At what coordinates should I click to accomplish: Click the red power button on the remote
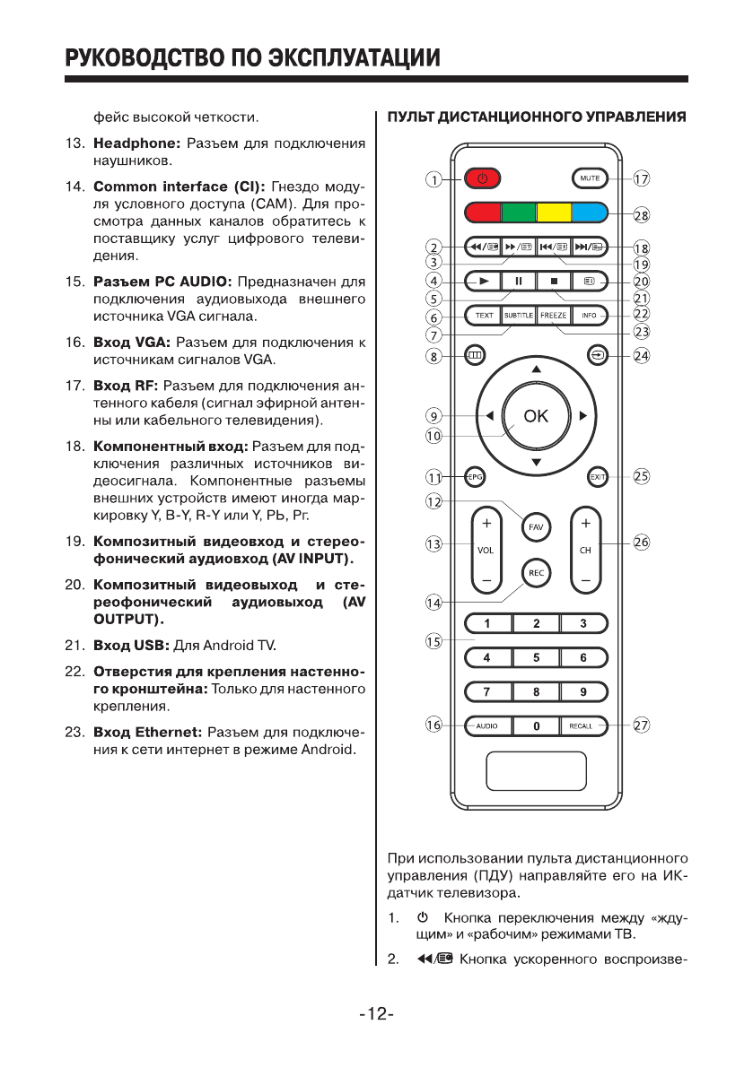tap(482, 178)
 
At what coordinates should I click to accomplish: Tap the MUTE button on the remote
tap(590, 178)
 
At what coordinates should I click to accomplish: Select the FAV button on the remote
tap(536, 527)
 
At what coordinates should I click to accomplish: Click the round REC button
tap(536, 573)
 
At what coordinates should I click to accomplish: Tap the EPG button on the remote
tap(475, 477)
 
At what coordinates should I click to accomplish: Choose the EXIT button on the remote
tap(597, 477)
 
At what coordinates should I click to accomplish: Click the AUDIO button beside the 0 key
tap(487, 725)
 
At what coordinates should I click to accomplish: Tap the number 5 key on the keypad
tap(536, 657)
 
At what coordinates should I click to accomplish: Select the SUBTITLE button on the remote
tap(518, 315)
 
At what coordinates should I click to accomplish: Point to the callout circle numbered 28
tap(642, 214)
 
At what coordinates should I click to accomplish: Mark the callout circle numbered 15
tap(434, 641)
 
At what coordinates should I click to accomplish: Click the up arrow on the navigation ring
tap(536, 369)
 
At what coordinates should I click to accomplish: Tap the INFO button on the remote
tap(590, 315)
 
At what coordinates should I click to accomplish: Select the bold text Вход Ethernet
tap(144, 731)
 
